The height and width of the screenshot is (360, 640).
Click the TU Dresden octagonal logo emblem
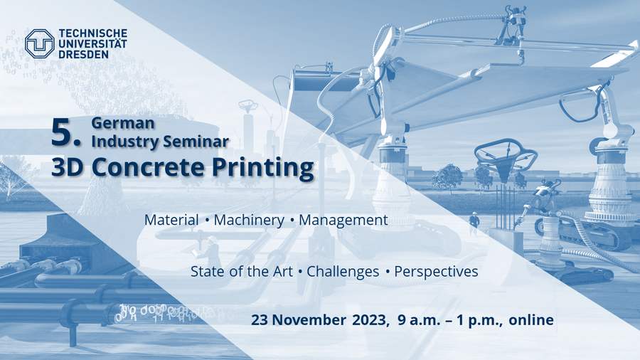pyautogui.click(x=40, y=43)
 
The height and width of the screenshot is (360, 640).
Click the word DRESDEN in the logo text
pyautogui.click(x=84, y=54)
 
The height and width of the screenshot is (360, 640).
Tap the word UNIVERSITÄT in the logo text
pyautogui.click(x=93, y=43)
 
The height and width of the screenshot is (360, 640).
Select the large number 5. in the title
pyautogui.click(x=65, y=133)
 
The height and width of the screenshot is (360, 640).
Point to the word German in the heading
pyautogui.click(x=123, y=123)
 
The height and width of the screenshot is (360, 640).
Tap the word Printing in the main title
pyautogui.click(x=263, y=168)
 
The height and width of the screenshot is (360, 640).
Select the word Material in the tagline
pyautogui.click(x=171, y=220)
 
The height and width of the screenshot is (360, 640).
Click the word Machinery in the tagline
pyautogui.click(x=249, y=221)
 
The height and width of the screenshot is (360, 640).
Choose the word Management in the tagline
pyautogui.click(x=343, y=221)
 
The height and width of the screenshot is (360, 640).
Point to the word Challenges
pyautogui.click(x=343, y=272)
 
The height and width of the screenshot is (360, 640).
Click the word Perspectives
pyautogui.click(x=436, y=272)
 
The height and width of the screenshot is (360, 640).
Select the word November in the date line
pyautogui.click(x=309, y=320)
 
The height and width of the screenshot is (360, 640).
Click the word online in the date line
pyautogui.click(x=531, y=319)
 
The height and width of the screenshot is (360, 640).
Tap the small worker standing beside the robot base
pyautogui.click(x=474, y=223)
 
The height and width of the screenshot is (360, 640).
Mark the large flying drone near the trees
pyautogui.click(x=506, y=157)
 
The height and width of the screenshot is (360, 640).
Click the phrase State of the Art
pyautogui.click(x=242, y=272)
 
